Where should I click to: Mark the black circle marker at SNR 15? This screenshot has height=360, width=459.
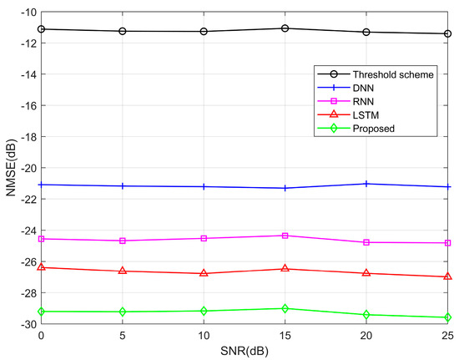pos(285,28)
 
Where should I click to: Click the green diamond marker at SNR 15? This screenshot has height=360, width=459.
pos(285,308)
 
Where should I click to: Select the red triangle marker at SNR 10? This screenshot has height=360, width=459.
pos(204,273)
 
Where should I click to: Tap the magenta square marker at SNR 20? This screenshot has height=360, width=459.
pos(367,242)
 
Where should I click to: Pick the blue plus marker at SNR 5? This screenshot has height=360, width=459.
pos(123,185)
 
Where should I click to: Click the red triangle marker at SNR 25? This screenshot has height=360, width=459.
pos(448,276)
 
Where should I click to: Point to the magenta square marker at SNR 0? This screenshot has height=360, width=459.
pos(41,239)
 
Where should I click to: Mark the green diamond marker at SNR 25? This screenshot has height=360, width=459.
pos(448,317)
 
